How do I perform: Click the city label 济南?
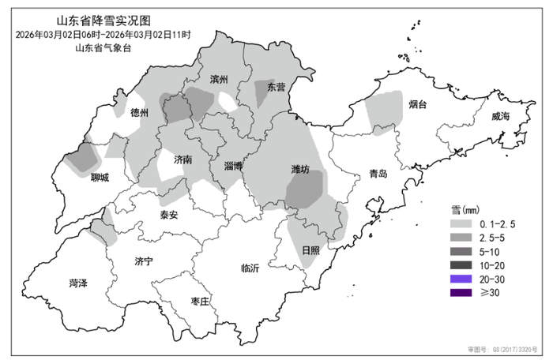tap(183, 159)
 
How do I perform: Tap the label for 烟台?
tap(418, 104)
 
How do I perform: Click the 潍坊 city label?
tap(300, 169)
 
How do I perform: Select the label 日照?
tap(311, 249)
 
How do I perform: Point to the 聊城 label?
tap(100, 177)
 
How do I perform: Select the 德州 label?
tap(139, 113)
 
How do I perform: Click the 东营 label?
tap(276, 87)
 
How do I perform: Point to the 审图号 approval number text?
tap(501, 348)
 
